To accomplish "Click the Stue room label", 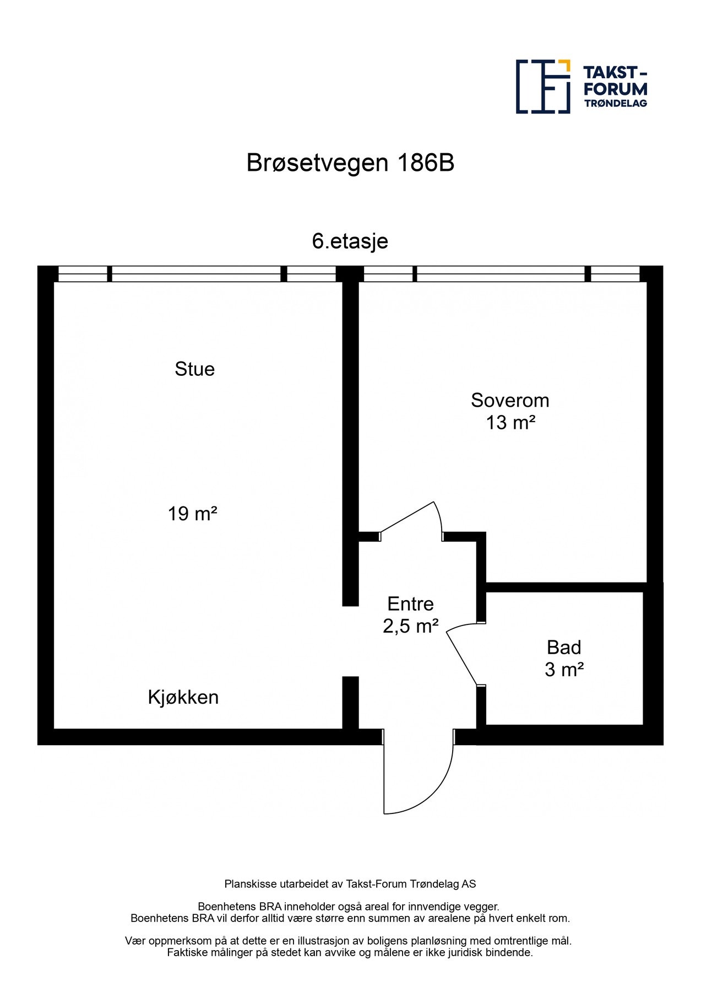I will [x=194, y=369].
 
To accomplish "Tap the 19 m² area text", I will [x=192, y=514].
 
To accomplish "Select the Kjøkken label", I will [x=183, y=697].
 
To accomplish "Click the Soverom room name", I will [x=510, y=400].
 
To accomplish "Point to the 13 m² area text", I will [x=510, y=423].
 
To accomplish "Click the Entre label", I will [x=410, y=604].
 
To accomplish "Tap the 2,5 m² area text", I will [x=410, y=626].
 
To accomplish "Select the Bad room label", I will [x=564, y=647].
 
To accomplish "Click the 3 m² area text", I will [x=564, y=670].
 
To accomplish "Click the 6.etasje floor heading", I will [x=350, y=241].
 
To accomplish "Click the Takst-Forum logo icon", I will [x=542, y=87].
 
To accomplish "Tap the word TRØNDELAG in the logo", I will [x=615, y=104].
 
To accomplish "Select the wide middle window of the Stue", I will [x=197, y=274].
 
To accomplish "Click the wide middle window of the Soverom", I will [x=500, y=274].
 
